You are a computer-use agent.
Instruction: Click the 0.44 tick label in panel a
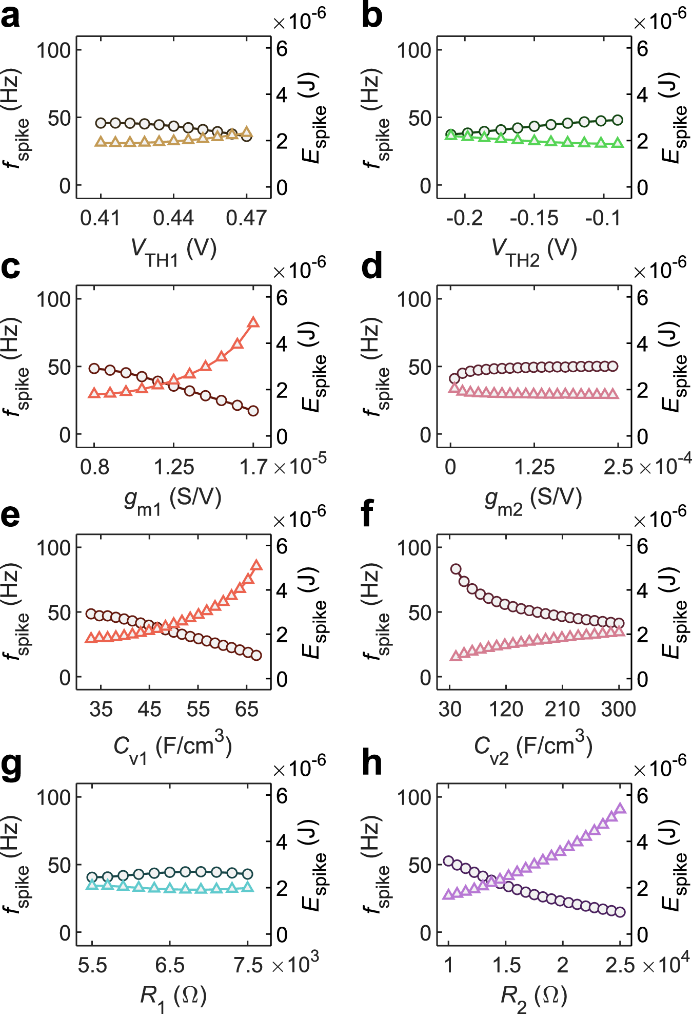tap(173, 218)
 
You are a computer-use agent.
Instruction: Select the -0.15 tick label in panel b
tap(534, 218)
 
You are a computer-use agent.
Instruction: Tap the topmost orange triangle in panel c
tap(253, 323)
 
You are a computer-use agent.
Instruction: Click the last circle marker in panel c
tap(253, 411)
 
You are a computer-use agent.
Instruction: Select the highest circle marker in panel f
tap(456, 569)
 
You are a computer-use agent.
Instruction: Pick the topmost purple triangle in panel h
tap(620, 809)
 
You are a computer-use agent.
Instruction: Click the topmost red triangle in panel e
tap(257, 566)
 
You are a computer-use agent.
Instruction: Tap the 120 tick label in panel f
tap(506, 709)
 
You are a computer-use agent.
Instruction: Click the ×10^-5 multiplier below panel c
tap(300, 465)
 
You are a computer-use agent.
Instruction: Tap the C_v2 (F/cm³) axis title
tap(533, 747)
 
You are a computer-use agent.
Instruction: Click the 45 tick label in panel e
tap(149, 709)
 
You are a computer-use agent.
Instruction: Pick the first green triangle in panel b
tap(450, 135)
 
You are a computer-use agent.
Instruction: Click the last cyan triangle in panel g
tap(248, 887)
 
